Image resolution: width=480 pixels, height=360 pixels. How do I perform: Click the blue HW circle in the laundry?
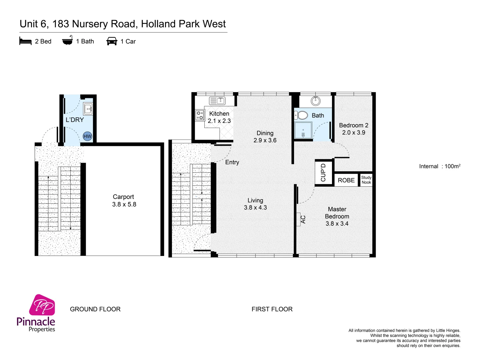[x=87, y=136]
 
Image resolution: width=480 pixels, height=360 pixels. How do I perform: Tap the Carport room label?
[x=124, y=200]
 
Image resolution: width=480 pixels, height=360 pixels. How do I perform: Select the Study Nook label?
[x=366, y=180]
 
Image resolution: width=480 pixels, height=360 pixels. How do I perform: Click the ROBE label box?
[x=346, y=180]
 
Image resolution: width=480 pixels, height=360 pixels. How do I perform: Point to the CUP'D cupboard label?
[x=323, y=173]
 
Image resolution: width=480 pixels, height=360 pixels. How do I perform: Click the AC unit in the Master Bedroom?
[x=299, y=219]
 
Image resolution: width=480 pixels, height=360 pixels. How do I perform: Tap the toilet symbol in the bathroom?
[x=301, y=115]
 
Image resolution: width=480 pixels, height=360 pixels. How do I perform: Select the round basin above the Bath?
[x=315, y=100]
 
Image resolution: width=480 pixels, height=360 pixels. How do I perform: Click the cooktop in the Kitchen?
[x=200, y=115]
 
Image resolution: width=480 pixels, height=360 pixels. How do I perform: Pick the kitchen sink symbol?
[x=217, y=100]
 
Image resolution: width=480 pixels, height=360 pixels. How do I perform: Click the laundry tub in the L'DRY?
[x=88, y=109]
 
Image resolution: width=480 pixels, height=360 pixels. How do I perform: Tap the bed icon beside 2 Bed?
[x=25, y=41]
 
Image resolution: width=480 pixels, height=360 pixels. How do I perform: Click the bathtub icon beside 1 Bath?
[x=67, y=41]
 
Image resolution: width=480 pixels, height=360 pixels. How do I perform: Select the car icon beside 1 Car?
[x=112, y=41]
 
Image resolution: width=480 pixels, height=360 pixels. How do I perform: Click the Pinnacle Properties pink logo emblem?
[x=42, y=305]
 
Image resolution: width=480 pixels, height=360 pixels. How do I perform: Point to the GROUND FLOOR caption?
[x=95, y=309]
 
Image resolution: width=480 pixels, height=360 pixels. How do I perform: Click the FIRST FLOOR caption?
[x=272, y=309]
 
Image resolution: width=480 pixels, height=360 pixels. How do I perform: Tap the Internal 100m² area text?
[x=440, y=166]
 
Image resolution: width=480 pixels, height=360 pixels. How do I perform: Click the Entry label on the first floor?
[x=232, y=162]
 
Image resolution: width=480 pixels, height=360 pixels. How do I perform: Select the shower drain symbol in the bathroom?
[x=303, y=135]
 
